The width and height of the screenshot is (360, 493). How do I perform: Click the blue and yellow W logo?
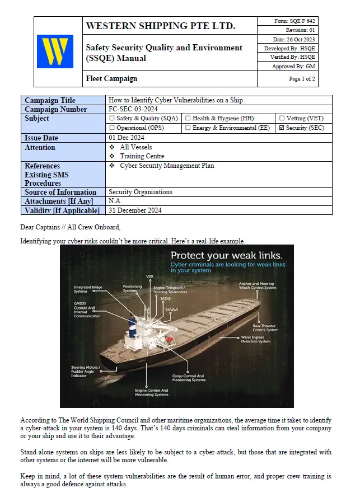[55, 51]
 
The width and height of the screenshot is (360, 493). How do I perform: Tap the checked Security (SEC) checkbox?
[281, 128]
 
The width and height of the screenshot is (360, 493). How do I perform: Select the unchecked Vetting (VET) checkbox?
[282, 119]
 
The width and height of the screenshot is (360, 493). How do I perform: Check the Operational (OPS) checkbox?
[112, 128]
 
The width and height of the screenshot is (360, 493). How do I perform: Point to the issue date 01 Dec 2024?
[127, 138]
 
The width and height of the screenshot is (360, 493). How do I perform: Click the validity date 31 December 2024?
[135, 210]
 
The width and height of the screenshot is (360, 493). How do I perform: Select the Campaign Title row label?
[50, 100]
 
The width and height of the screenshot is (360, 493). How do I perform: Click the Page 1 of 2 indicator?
[302, 79]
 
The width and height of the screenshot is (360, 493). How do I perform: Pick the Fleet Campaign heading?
[111, 79]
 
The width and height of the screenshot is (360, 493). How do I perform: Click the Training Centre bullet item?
[142, 156]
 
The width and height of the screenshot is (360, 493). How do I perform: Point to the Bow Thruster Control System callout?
[265, 327]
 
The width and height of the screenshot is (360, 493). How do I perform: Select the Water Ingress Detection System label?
[255, 340]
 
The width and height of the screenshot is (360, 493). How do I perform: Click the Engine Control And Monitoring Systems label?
[151, 392]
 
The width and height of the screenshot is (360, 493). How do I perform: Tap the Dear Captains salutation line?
[70, 227]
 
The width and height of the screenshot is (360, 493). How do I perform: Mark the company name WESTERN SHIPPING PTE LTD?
[160, 26]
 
